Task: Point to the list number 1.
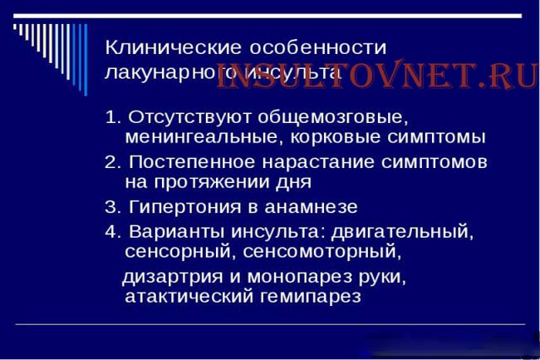[112, 116]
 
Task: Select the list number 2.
[112, 160]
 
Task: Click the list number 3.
[112, 205]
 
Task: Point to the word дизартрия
[166, 275]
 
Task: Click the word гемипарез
[315, 296]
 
